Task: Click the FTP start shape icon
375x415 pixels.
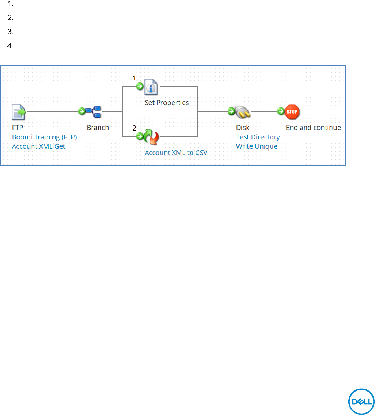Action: click(19, 112)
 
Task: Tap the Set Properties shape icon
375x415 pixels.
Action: click(151, 87)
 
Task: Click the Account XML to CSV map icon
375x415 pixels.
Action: click(151, 137)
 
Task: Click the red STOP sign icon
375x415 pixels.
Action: click(293, 111)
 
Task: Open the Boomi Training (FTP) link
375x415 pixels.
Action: click(44, 137)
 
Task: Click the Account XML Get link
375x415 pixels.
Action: click(38, 147)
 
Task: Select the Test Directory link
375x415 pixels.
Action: click(258, 137)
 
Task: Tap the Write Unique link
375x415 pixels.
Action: click(257, 147)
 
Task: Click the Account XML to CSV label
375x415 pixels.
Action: click(176, 153)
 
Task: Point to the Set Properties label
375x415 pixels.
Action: click(167, 103)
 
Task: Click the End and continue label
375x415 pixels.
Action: click(313, 128)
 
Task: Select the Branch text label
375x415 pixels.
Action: click(98, 128)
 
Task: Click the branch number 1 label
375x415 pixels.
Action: click(134, 78)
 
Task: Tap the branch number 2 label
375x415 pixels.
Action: click(134, 128)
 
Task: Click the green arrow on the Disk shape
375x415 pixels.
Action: click(231, 111)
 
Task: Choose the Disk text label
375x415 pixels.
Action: click(243, 128)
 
